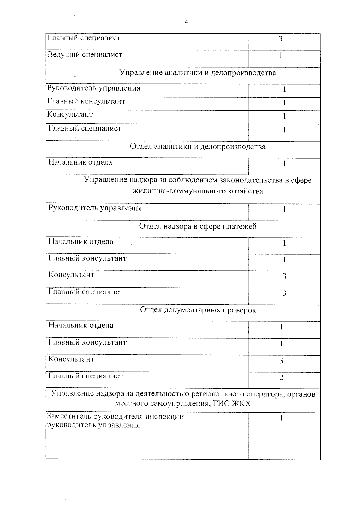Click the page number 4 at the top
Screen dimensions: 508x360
click(x=186, y=22)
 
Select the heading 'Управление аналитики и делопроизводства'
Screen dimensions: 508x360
click(x=198, y=73)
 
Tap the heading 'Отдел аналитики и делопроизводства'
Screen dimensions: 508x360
click(x=198, y=147)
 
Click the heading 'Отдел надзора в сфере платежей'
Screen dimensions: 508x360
click(x=198, y=226)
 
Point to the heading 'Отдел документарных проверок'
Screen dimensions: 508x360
click(x=198, y=310)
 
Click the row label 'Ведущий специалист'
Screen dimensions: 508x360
click(x=85, y=55)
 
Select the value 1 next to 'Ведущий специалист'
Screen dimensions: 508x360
click(x=281, y=56)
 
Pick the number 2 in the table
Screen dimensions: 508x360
click(x=281, y=378)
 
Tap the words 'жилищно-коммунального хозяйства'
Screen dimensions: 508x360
click(x=198, y=191)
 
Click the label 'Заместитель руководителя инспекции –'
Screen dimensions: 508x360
click(x=119, y=417)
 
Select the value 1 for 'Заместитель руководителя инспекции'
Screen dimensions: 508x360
click(x=281, y=418)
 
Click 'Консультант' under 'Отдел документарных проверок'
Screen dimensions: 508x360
click(x=71, y=359)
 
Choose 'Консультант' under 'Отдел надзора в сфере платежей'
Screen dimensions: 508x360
click(x=71, y=275)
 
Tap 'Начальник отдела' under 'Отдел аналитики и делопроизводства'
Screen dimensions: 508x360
click(x=80, y=163)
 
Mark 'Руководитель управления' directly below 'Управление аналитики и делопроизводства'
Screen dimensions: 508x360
click(x=94, y=88)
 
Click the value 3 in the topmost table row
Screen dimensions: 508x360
click(x=281, y=39)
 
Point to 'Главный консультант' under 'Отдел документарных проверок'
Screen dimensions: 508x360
click(x=88, y=342)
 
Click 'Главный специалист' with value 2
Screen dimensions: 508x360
click(x=86, y=376)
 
